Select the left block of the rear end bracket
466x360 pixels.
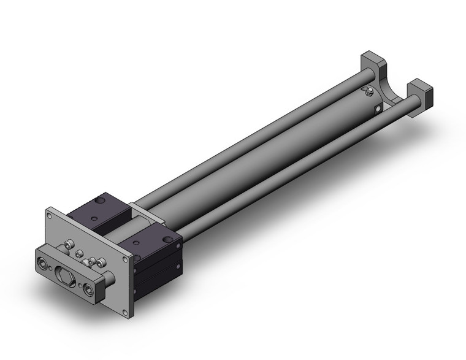(371, 64)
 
